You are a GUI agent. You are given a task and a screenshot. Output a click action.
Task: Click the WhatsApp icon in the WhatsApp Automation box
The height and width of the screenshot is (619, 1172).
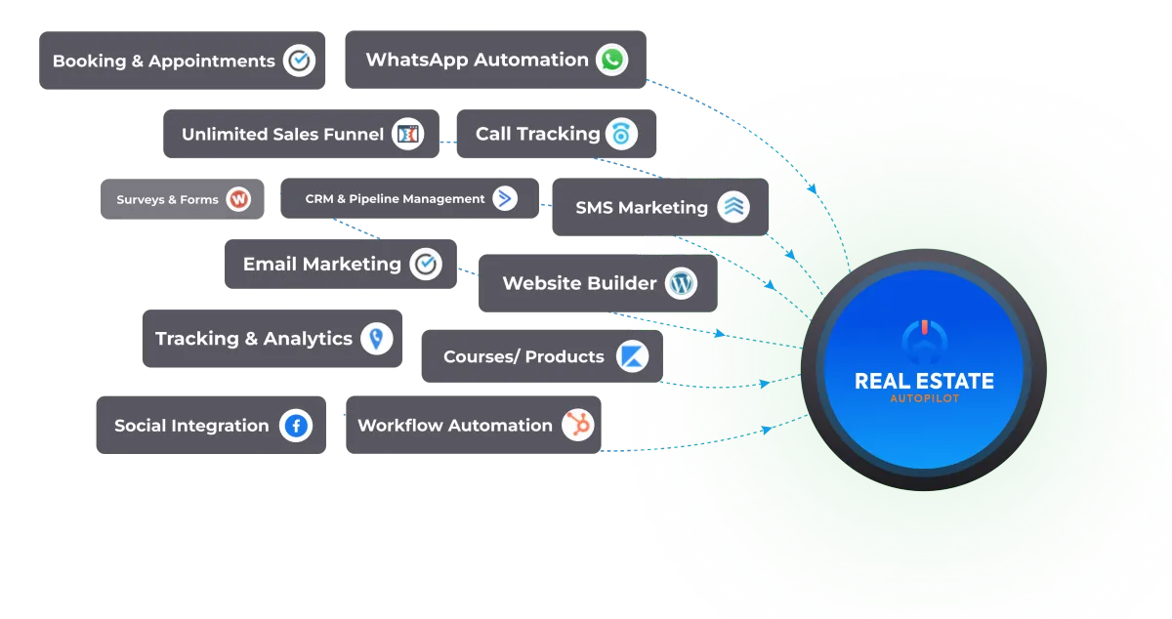(612, 61)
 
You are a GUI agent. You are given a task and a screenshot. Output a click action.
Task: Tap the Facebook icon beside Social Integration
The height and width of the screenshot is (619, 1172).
(295, 426)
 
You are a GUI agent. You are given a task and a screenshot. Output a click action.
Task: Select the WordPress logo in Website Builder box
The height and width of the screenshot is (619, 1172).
(682, 283)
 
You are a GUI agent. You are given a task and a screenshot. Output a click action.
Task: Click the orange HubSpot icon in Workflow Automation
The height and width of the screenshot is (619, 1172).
(578, 425)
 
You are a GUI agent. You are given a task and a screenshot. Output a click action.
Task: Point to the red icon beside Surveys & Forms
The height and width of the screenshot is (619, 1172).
(238, 199)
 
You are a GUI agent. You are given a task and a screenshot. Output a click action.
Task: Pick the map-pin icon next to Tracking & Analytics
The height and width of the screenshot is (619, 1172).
(376, 339)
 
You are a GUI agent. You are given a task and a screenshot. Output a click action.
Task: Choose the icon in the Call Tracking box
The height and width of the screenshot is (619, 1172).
(620, 134)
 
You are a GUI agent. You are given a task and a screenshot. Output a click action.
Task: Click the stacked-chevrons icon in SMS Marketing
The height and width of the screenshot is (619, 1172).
(732, 207)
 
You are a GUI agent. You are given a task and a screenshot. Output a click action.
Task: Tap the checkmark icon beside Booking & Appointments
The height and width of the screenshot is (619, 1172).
(299, 61)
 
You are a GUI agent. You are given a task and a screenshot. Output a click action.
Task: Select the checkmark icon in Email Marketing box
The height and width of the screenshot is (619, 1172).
(426, 264)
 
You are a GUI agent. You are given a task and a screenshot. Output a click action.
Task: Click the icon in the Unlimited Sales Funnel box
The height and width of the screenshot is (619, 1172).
(407, 135)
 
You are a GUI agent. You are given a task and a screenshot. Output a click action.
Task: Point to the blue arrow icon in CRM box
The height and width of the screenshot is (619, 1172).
(505, 198)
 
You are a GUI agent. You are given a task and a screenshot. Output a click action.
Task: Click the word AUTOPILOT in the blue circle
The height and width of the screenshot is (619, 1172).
(924, 399)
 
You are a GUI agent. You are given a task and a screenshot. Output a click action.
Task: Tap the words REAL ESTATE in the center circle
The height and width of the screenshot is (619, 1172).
(924, 381)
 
